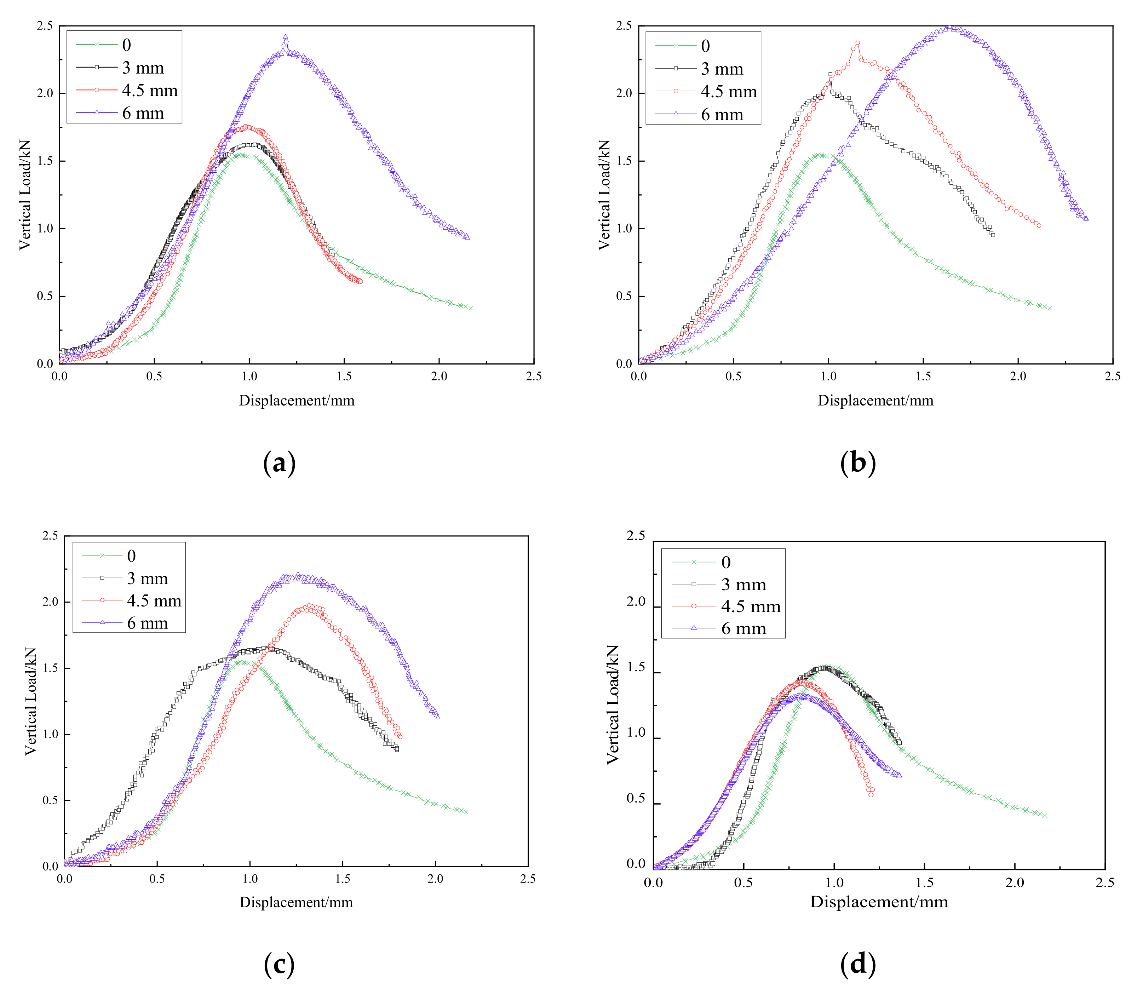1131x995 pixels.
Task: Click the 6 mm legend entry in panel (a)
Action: point(143,114)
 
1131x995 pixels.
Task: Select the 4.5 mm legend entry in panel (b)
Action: point(728,92)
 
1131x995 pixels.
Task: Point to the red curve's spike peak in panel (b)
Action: point(857,42)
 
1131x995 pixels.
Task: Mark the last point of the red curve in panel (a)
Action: point(360,281)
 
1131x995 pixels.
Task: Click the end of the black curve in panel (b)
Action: point(993,235)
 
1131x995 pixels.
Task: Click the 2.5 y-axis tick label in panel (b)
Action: point(624,26)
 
